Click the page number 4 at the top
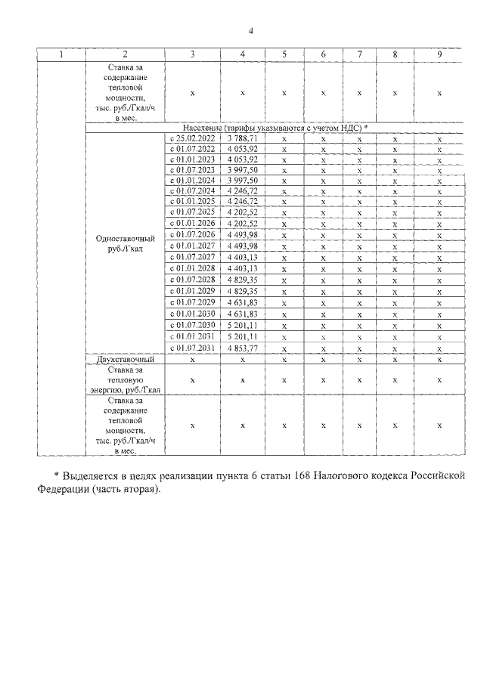(x=251, y=31)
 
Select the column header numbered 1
(x=61, y=54)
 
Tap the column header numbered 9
(x=439, y=54)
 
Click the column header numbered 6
(x=323, y=54)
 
